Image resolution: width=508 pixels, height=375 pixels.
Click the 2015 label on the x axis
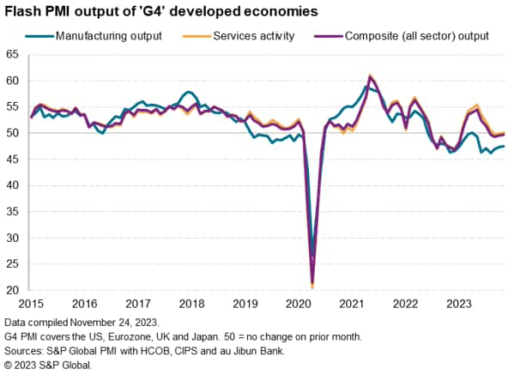pyautogui.click(x=31, y=303)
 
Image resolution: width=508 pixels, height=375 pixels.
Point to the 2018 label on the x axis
pyautogui.click(x=191, y=303)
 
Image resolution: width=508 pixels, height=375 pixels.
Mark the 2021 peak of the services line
pyautogui.click(x=370, y=76)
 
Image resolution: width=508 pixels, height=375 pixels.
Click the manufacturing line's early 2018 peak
pyautogui.click(x=188, y=92)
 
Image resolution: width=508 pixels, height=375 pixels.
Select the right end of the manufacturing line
pyautogui.click(x=504, y=146)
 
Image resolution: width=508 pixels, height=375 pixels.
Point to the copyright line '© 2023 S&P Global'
pyautogui.click(x=46, y=364)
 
